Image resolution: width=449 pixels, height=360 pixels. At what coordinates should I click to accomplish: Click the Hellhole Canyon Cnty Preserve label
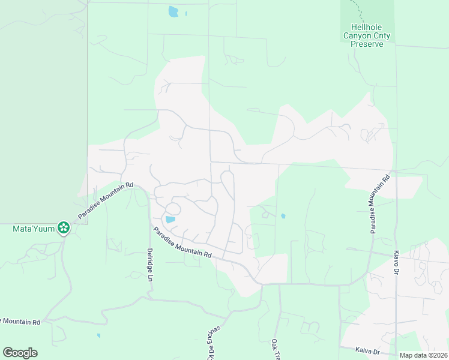click(366, 35)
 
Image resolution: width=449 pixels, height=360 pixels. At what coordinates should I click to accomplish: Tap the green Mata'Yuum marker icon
click(63, 228)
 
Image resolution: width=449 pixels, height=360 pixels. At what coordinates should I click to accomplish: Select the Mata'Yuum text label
click(33, 229)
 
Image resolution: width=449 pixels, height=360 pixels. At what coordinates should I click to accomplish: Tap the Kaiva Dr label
click(368, 352)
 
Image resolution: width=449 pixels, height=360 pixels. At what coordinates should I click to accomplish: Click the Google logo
click(20, 353)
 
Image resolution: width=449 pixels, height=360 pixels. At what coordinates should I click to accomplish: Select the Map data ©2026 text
click(423, 355)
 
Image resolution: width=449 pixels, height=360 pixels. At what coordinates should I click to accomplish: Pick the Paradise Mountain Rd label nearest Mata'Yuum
click(104, 201)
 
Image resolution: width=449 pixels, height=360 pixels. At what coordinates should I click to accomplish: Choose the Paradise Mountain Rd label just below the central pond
click(181, 242)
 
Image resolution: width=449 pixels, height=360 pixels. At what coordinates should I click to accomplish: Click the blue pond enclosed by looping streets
click(170, 220)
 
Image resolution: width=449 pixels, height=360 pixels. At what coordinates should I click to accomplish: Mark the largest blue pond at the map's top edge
click(173, 11)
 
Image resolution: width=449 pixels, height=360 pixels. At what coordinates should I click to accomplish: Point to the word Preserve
click(366, 44)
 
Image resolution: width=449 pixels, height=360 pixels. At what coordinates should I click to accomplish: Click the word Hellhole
click(366, 27)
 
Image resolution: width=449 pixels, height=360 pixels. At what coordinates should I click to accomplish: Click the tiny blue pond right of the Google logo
click(99, 335)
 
